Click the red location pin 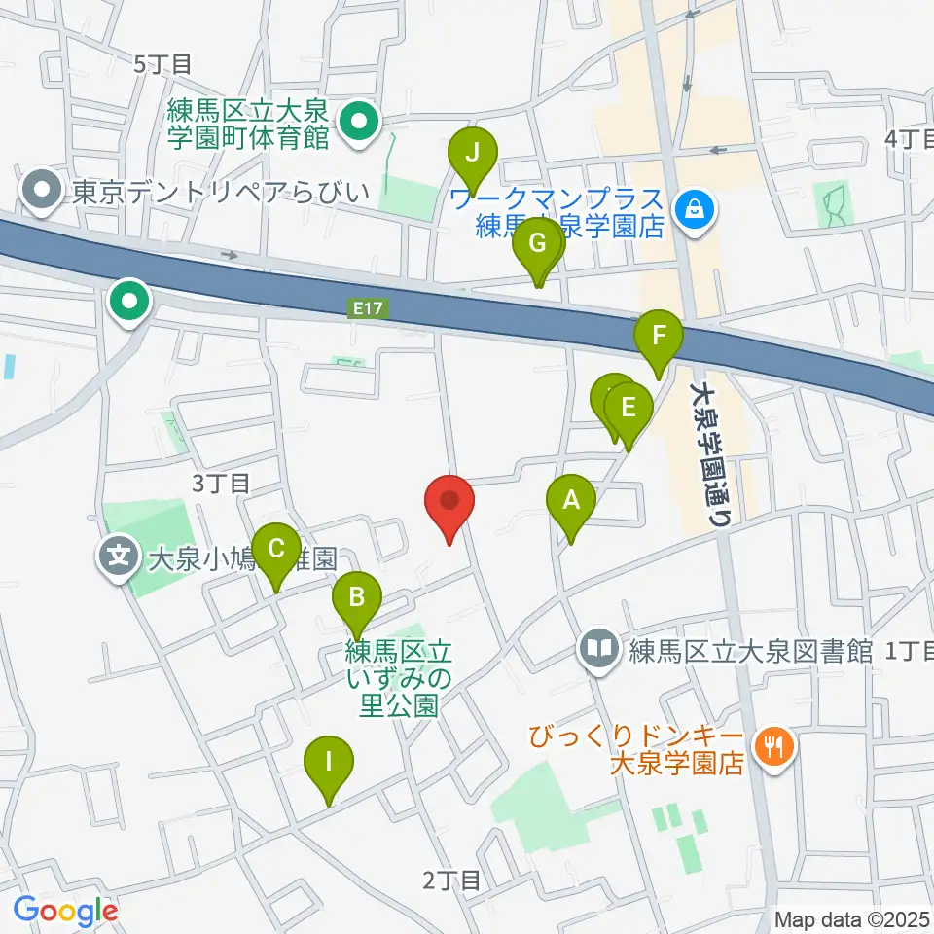449,503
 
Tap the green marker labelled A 571,502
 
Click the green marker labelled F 659,338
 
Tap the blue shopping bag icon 698,206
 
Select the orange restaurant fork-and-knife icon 775,747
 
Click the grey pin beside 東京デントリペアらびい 43,191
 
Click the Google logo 65,911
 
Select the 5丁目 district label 163,64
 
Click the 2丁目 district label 451,880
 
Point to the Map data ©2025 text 852,918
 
